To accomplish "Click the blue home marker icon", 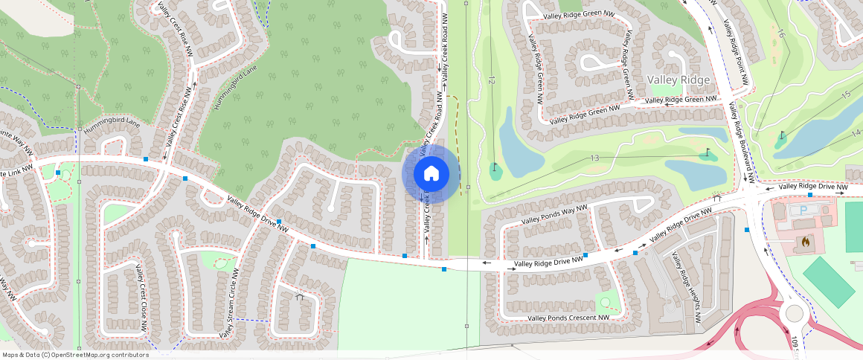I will pyautogui.click(x=431, y=174).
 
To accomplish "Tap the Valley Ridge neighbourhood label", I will pyautogui.click(x=678, y=80).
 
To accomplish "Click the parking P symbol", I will pyautogui.click(x=803, y=210).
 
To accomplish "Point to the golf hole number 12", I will pyautogui.click(x=492, y=79).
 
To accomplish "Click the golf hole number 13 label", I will pyautogui.click(x=594, y=158).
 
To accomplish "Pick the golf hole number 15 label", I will pyautogui.click(x=845, y=94).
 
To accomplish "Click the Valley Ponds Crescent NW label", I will pyautogui.click(x=568, y=318).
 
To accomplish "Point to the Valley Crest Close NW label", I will pyautogui.click(x=139, y=297).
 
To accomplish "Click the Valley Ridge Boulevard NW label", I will pyautogui.click(x=741, y=142).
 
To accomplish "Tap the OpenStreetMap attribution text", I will pyautogui.click(x=75, y=355).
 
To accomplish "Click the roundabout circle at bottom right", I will pyautogui.click(x=794, y=314).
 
